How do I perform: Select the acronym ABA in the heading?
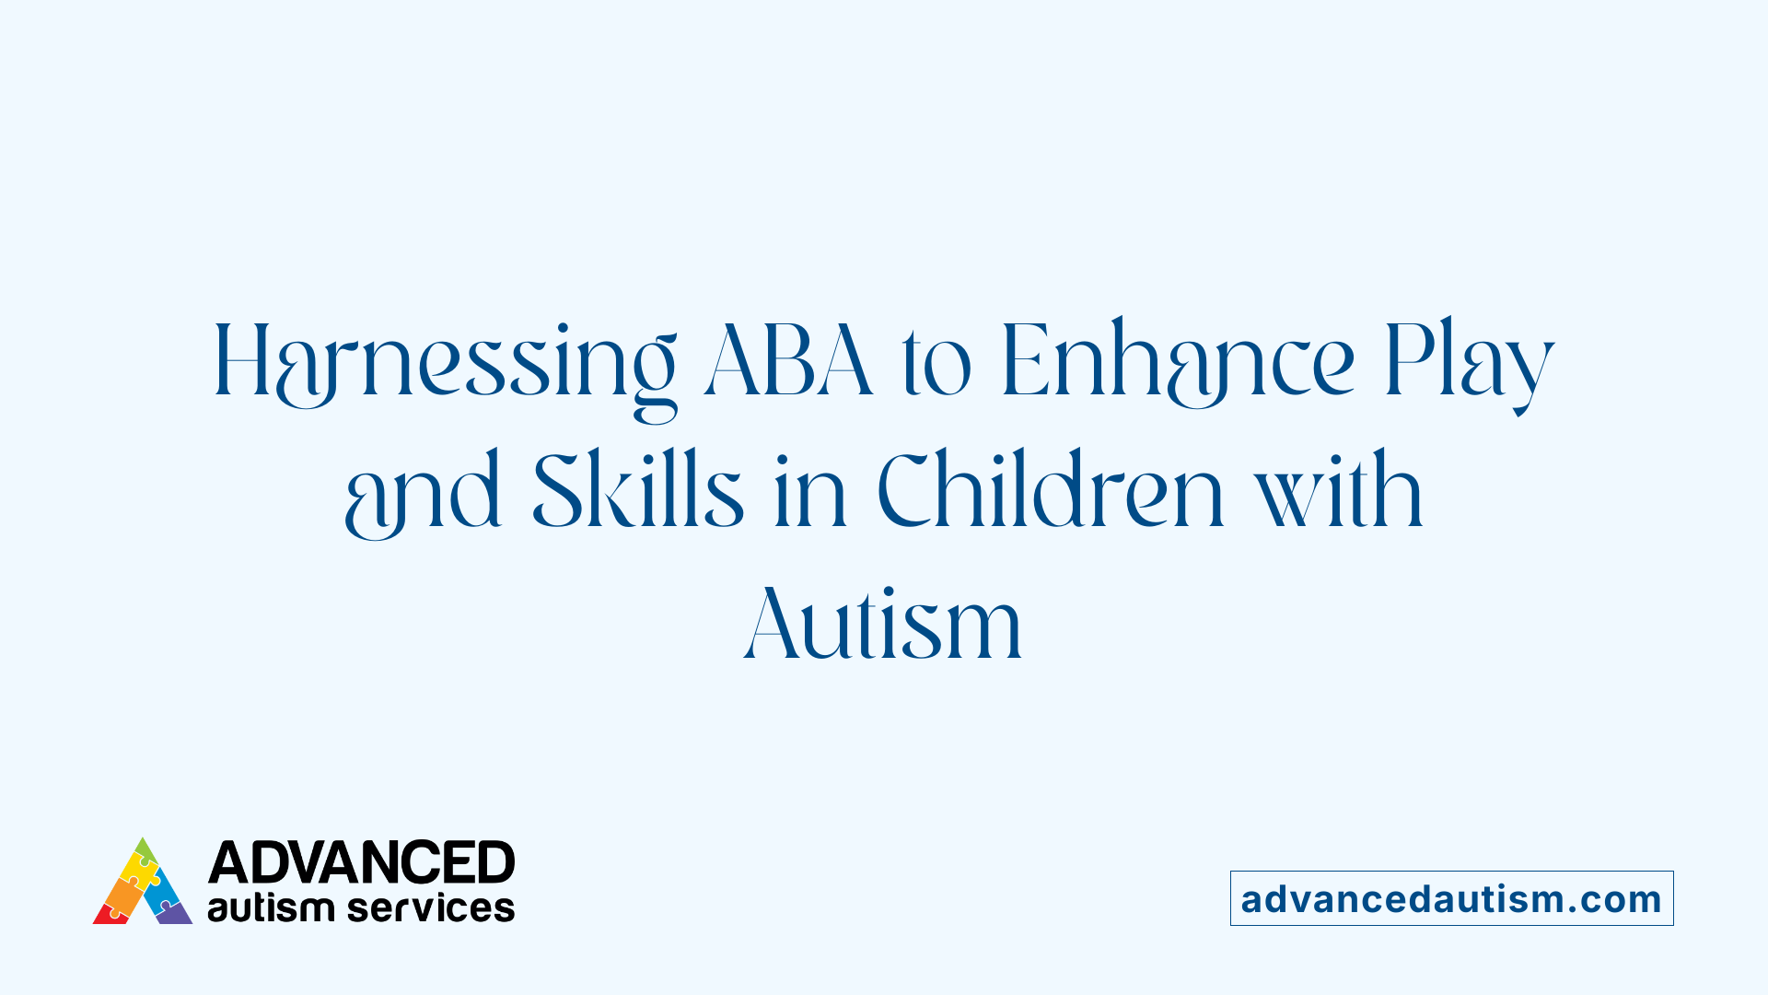(x=788, y=361)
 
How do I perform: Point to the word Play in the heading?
(x=1469, y=361)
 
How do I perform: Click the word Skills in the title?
(x=637, y=492)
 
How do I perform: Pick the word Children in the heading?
(x=1051, y=492)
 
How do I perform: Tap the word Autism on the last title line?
(x=883, y=624)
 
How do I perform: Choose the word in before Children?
(x=810, y=494)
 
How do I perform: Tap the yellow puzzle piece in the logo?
(x=138, y=870)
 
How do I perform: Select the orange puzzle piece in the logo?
(x=122, y=895)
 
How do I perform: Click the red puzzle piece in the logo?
(x=109, y=915)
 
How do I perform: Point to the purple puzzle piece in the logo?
(x=174, y=914)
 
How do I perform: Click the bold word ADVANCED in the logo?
(x=361, y=862)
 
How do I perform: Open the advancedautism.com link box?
(x=1451, y=898)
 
